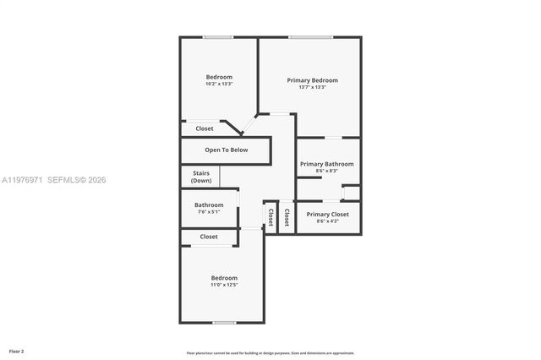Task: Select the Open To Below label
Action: (x=227, y=150)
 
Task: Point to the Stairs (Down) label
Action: (x=201, y=177)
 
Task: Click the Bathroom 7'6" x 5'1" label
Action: (x=209, y=205)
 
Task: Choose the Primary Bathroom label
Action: (x=327, y=164)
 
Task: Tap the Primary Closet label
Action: (x=327, y=215)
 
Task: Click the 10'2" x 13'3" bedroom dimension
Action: (x=219, y=85)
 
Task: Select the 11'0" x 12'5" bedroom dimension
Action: (x=224, y=286)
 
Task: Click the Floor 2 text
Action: (x=17, y=350)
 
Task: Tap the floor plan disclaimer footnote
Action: (x=270, y=353)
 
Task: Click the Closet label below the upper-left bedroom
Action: (x=205, y=128)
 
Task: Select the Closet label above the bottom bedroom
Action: (x=209, y=237)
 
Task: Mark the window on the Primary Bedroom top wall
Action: (x=310, y=37)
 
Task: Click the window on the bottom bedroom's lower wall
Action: (x=224, y=322)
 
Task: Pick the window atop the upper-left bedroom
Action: (x=218, y=37)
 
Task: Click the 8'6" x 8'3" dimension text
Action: (x=327, y=172)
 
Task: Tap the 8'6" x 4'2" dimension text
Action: (x=327, y=222)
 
